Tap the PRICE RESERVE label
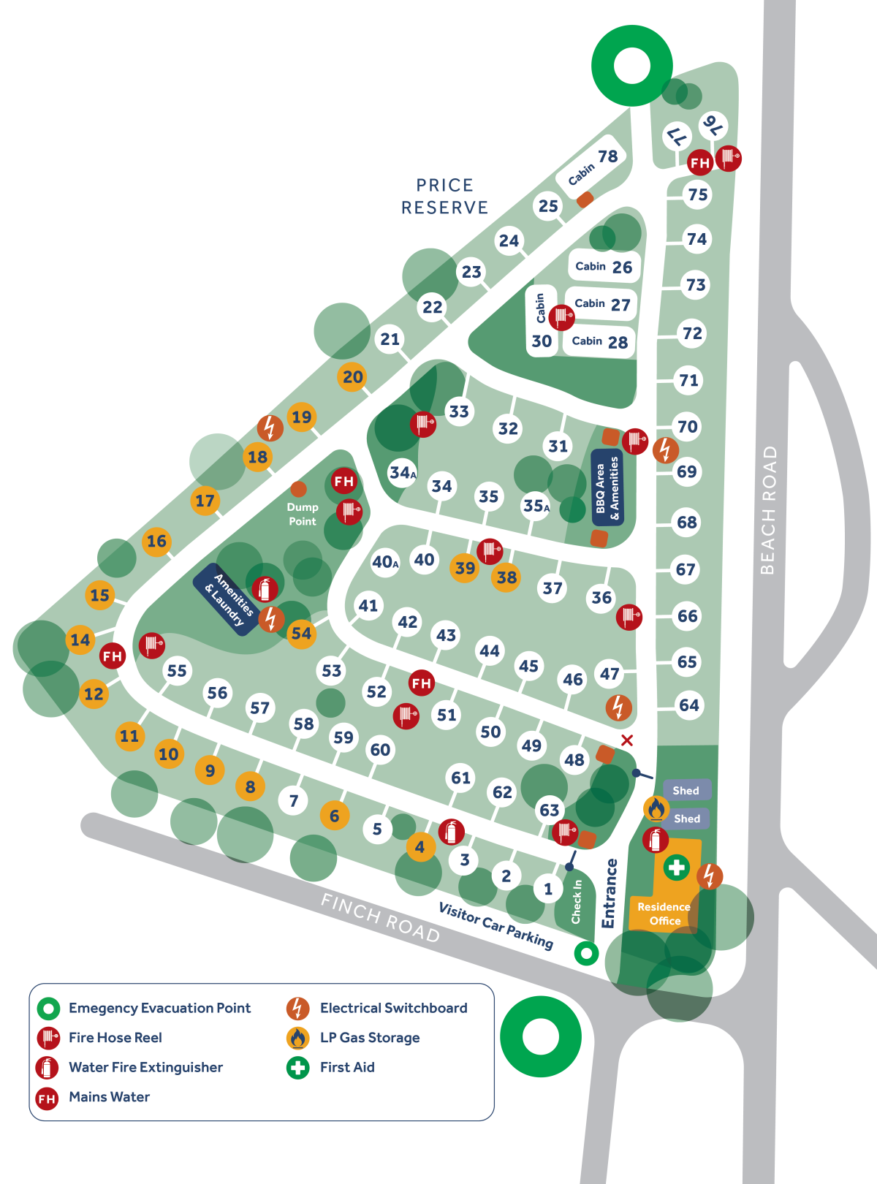click(444, 196)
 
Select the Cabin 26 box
click(604, 267)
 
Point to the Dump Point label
click(302, 514)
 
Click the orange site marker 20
click(352, 377)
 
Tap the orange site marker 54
click(301, 633)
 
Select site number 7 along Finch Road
click(294, 800)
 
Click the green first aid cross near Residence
click(677, 868)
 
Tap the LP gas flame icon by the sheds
click(656, 809)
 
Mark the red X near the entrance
click(627, 740)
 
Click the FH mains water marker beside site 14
click(113, 656)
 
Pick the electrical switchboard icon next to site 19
click(270, 428)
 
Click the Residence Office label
click(664, 914)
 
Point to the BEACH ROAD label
click(767, 509)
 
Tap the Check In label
click(577, 901)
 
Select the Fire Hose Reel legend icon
click(48, 1038)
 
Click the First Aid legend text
click(347, 1067)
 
